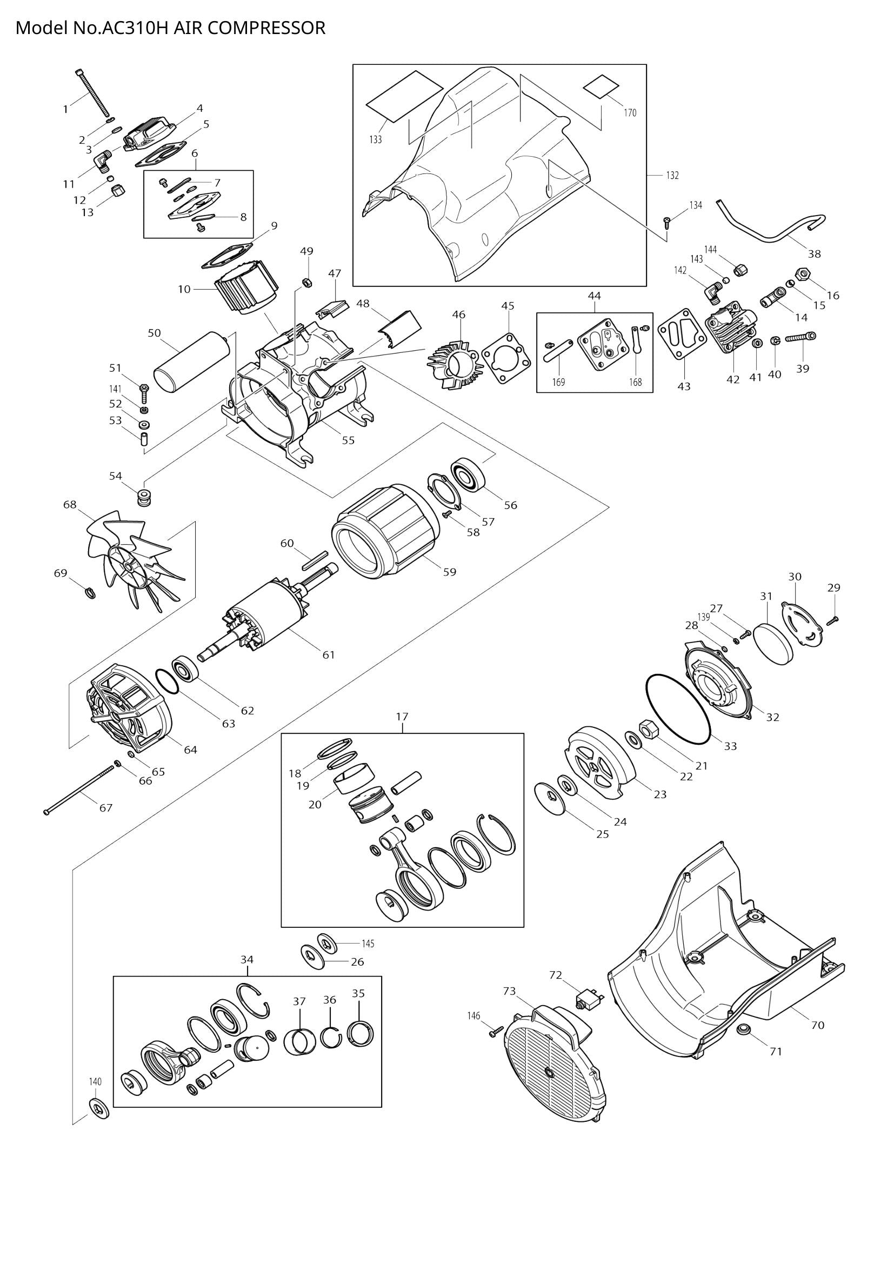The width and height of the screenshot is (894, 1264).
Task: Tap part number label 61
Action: click(329, 654)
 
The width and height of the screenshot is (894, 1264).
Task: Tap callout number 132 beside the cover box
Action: click(672, 175)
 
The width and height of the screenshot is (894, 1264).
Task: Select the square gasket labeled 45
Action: click(506, 357)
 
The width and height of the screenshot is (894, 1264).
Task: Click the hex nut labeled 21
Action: click(648, 730)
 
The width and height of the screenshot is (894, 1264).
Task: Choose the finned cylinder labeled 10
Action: click(245, 287)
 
